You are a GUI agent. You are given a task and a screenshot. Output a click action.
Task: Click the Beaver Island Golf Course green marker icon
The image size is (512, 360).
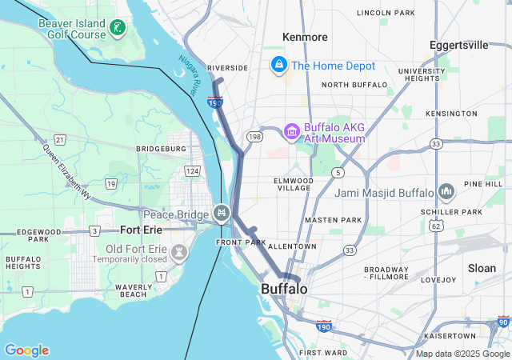coord(118,29)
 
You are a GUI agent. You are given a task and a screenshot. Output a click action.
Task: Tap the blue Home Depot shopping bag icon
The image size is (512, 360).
coord(279,65)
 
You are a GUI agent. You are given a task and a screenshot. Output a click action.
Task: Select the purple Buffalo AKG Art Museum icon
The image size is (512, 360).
coord(292,131)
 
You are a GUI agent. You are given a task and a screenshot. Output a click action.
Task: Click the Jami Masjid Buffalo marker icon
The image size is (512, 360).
coord(446,192)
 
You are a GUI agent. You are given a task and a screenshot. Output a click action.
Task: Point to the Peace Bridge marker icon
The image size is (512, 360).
coord(222,214)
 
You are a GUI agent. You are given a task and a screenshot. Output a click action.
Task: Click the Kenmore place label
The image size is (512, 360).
coord(305,37)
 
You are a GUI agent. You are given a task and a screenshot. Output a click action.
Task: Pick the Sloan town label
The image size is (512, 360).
coord(482,268)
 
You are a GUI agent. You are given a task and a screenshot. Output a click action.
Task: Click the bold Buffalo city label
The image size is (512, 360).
coord(284,288)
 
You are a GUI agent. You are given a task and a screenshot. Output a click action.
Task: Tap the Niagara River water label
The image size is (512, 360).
coord(189,75)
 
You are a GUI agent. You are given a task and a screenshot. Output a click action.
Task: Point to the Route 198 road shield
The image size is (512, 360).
coord(254,137)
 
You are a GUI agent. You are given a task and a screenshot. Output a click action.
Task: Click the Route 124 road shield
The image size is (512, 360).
coord(192,171)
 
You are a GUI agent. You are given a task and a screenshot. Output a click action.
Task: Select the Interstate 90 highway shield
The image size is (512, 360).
coord(502,321)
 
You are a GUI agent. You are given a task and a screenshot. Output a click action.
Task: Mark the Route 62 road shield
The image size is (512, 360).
coord(435,226)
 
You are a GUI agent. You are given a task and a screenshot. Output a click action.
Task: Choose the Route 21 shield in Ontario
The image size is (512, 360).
coord(60,140)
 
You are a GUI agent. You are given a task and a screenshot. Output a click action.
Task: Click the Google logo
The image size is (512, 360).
coord(26,350)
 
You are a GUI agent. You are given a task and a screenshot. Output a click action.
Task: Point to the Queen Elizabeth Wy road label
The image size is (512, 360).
coord(67,173)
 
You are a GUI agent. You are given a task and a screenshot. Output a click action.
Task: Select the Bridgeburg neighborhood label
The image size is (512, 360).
coord(161,149)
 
